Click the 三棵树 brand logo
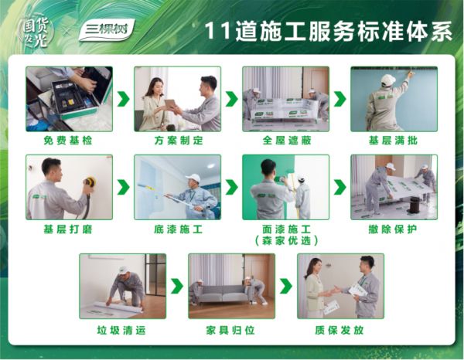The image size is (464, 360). point(107,30)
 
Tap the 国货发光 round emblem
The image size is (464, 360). point(37,32)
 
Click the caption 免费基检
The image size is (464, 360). point(68,140)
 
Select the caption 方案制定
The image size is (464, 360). point(179,140)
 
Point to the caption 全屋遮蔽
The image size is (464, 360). point(287,140)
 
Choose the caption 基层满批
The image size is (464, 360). point(393,140)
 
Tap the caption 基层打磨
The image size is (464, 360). point(68,229)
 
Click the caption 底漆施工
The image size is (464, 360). point(179,229)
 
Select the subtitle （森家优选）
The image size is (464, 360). point(286,241)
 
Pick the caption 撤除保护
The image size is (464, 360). point(393,229)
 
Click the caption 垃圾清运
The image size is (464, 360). point(121,330)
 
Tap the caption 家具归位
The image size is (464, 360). point(230,330)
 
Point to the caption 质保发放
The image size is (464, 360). point(339,330)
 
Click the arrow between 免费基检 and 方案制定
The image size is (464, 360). point(124,99)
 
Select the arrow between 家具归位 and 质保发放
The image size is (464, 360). point(286,286)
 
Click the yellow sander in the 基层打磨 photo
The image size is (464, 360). point(89,182)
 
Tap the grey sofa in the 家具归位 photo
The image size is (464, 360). point(222,294)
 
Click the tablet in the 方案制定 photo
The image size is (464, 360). point(170,104)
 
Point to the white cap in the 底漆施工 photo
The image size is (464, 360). point(193,178)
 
